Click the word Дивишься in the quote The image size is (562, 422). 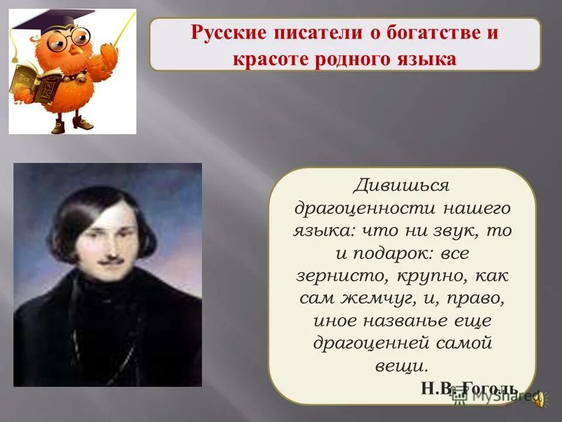click(x=402, y=185)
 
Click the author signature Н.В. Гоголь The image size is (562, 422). click(x=468, y=387)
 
